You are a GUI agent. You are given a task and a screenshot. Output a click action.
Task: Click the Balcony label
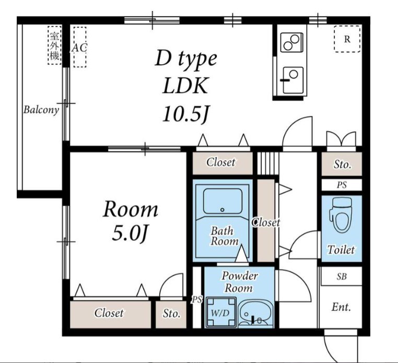click(x=41, y=110)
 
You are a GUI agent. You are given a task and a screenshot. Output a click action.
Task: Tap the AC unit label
click(x=79, y=48)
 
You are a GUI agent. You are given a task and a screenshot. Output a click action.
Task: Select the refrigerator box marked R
click(x=347, y=39)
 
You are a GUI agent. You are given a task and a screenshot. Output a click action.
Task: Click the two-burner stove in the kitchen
click(x=291, y=42)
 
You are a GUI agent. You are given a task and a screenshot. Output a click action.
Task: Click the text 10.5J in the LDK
click(x=185, y=114)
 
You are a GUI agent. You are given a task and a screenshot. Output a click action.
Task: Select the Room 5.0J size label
click(x=130, y=233)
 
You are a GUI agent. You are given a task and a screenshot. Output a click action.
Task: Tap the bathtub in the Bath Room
click(x=223, y=201)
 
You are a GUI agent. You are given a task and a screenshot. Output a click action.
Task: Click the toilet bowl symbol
click(x=341, y=215)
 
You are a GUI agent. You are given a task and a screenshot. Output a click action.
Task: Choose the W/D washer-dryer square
click(x=220, y=312)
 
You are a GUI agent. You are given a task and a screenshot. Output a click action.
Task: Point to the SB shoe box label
click(x=342, y=276)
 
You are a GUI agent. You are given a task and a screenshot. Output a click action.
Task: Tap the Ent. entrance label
click(x=341, y=307)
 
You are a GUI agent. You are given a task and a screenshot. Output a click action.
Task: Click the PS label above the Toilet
click(x=342, y=185)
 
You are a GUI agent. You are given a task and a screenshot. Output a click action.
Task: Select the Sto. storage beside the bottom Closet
click(x=171, y=314)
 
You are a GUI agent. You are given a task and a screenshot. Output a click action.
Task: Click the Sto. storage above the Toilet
click(x=342, y=164)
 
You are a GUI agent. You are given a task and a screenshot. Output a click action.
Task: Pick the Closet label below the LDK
click(x=221, y=162)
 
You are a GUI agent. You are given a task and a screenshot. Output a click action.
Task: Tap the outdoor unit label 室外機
click(x=54, y=45)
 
